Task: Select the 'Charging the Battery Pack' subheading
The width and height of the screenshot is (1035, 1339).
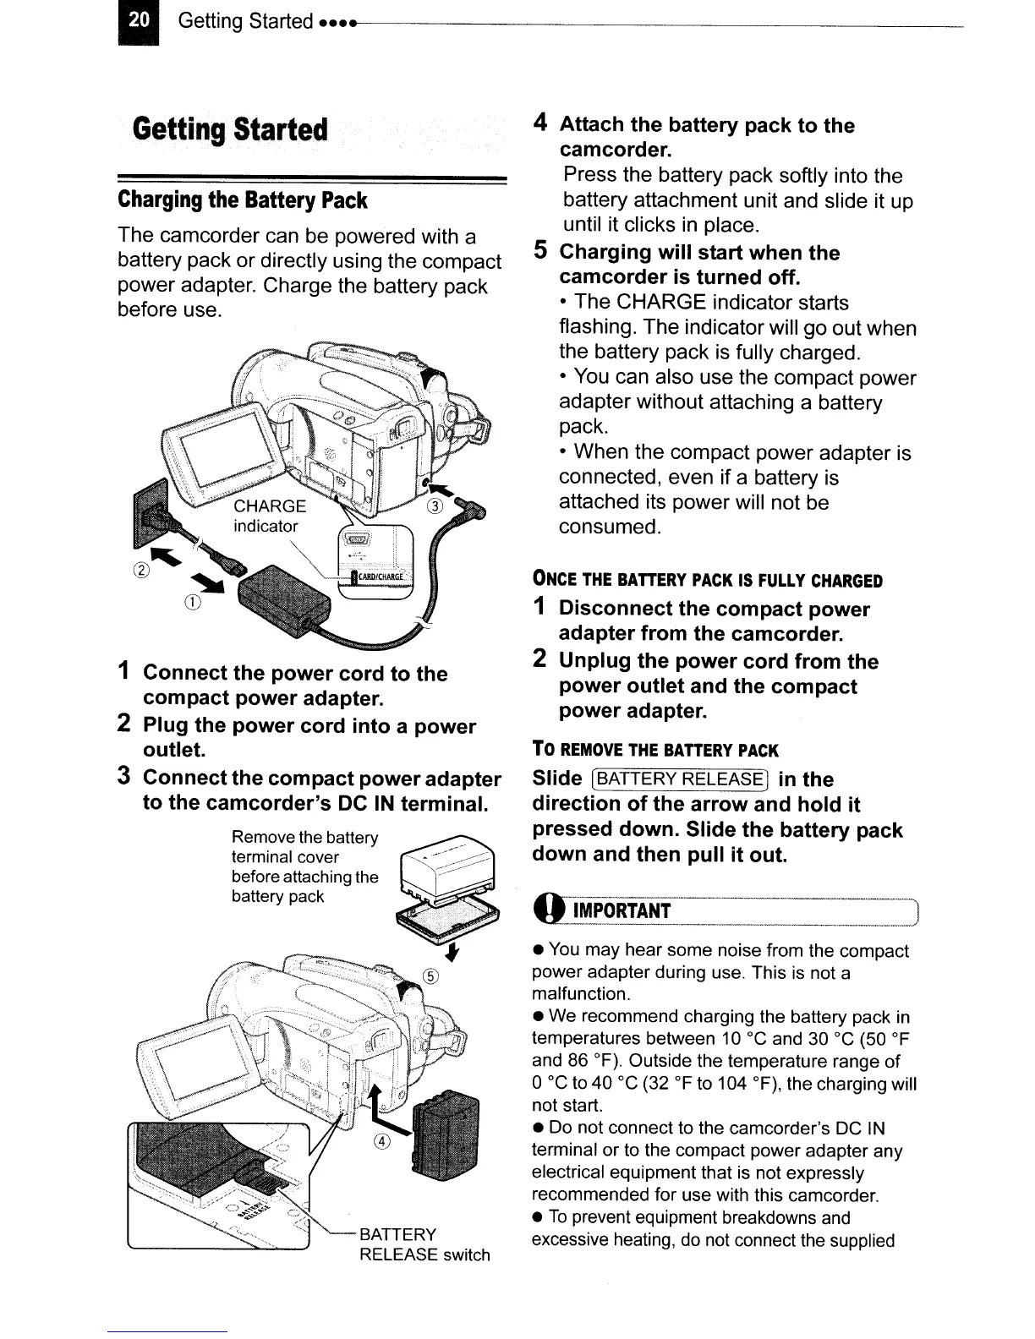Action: point(243,200)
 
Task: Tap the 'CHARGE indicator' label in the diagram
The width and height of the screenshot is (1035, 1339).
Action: point(269,516)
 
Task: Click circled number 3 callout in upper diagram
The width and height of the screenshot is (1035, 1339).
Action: point(435,507)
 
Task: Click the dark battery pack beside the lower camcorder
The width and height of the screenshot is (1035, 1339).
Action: point(443,1138)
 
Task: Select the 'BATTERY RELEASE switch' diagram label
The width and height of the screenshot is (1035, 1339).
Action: point(423,1244)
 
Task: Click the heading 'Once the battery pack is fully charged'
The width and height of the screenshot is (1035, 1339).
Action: point(707,581)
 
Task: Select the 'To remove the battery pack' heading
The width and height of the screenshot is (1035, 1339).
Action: point(654,750)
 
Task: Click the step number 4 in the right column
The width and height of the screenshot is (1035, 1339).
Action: point(543,123)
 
